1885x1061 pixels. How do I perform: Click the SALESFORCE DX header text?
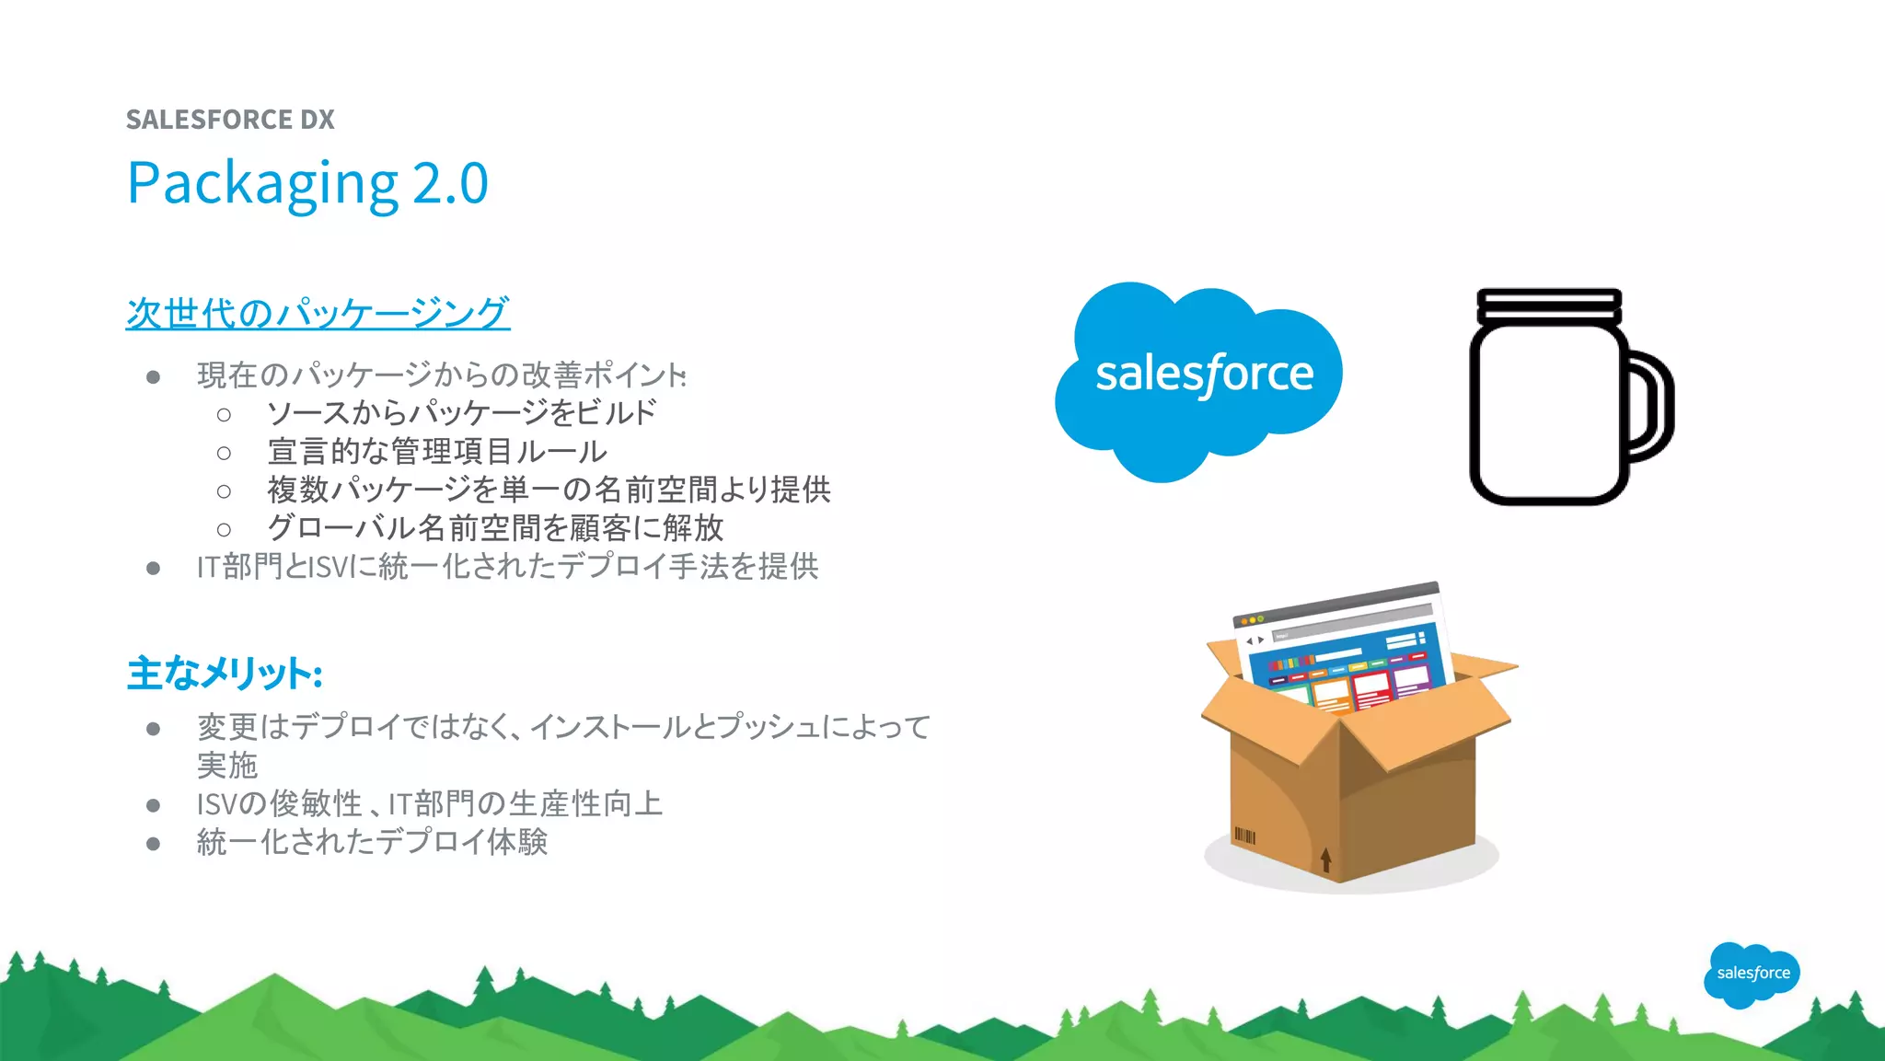230,120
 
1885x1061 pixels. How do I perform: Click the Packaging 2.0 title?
307,183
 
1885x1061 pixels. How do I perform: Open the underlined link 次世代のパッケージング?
318,314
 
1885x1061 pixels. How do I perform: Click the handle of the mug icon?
1651,405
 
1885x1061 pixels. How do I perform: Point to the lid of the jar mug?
1549,305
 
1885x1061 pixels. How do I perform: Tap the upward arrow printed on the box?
1325,859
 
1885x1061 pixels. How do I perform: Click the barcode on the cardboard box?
1244,836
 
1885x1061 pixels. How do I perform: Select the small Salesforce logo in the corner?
1752,974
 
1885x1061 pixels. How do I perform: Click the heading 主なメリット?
225,674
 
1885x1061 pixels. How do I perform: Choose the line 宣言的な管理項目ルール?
437,452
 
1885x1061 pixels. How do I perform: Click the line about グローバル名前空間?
495,528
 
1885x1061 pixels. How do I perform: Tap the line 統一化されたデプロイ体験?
372,842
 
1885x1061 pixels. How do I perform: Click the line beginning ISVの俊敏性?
429,804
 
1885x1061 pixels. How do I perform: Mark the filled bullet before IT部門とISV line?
154,568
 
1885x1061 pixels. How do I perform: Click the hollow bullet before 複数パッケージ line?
224,491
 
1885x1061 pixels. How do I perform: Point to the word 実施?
227,766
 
